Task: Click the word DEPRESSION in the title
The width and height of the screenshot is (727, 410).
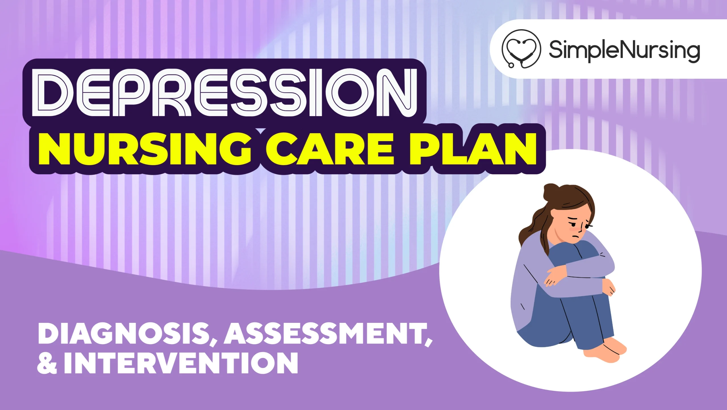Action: click(224, 93)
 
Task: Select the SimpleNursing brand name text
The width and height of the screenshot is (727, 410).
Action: click(624, 51)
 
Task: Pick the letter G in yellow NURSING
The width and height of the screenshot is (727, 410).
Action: click(235, 149)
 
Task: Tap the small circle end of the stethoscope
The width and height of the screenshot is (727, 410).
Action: click(511, 65)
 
